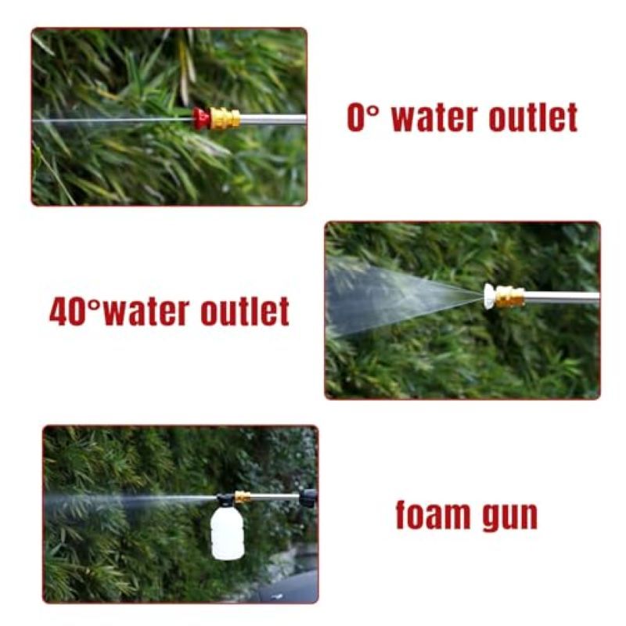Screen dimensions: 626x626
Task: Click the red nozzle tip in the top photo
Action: coord(201,118)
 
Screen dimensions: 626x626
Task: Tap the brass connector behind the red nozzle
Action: coord(225,119)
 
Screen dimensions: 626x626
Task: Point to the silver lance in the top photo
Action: coord(273,119)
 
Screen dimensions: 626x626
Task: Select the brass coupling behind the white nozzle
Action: coord(510,297)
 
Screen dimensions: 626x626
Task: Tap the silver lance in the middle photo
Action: coord(562,297)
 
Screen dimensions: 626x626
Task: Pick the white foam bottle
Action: coord(227,532)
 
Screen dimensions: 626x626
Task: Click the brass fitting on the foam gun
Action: coord(243,498)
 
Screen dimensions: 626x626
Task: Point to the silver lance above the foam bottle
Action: coord(275,497)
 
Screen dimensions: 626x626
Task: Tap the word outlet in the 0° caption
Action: coord(534,117)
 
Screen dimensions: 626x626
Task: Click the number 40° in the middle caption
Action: coord(74,311)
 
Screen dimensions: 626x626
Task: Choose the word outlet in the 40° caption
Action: coord(245,311)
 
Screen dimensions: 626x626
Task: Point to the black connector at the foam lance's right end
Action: coord(308,498)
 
